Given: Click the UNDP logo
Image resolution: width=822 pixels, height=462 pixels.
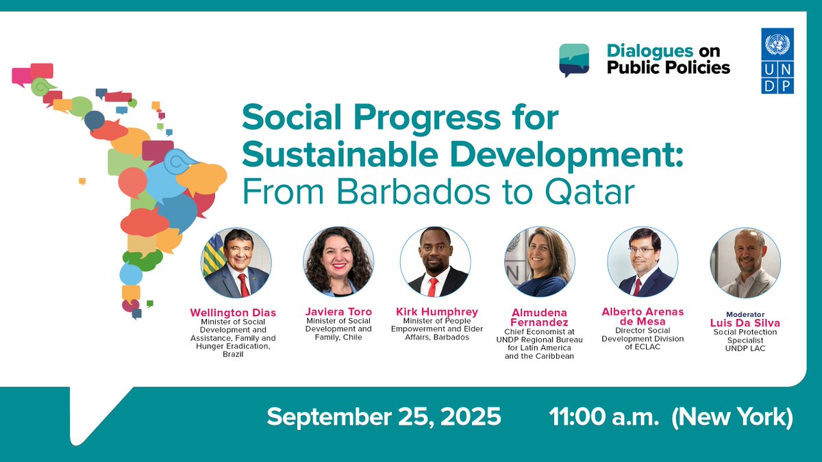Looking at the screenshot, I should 777,60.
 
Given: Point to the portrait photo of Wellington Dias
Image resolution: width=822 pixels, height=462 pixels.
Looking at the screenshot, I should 236,262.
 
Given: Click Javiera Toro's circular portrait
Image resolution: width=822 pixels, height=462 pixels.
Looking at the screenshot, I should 338,262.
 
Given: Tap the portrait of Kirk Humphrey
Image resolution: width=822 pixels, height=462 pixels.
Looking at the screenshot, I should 435,262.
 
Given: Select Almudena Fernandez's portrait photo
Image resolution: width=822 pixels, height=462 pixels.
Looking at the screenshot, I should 540,262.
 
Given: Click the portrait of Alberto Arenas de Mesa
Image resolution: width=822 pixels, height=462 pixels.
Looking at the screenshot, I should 643,262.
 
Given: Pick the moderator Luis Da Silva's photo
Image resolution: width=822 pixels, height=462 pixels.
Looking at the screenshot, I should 745,262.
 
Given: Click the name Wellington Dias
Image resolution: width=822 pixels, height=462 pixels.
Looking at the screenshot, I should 233,313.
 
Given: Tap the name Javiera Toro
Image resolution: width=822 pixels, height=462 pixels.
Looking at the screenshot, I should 338,312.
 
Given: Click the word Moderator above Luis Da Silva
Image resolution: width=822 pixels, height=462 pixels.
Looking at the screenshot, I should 745,314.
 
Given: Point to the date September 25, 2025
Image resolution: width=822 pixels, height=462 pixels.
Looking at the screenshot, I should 384,417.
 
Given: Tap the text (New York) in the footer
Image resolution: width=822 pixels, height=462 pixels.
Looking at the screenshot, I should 732,417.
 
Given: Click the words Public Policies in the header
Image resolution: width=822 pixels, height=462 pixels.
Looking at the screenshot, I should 668,68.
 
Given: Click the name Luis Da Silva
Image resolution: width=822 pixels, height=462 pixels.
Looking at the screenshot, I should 745,323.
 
